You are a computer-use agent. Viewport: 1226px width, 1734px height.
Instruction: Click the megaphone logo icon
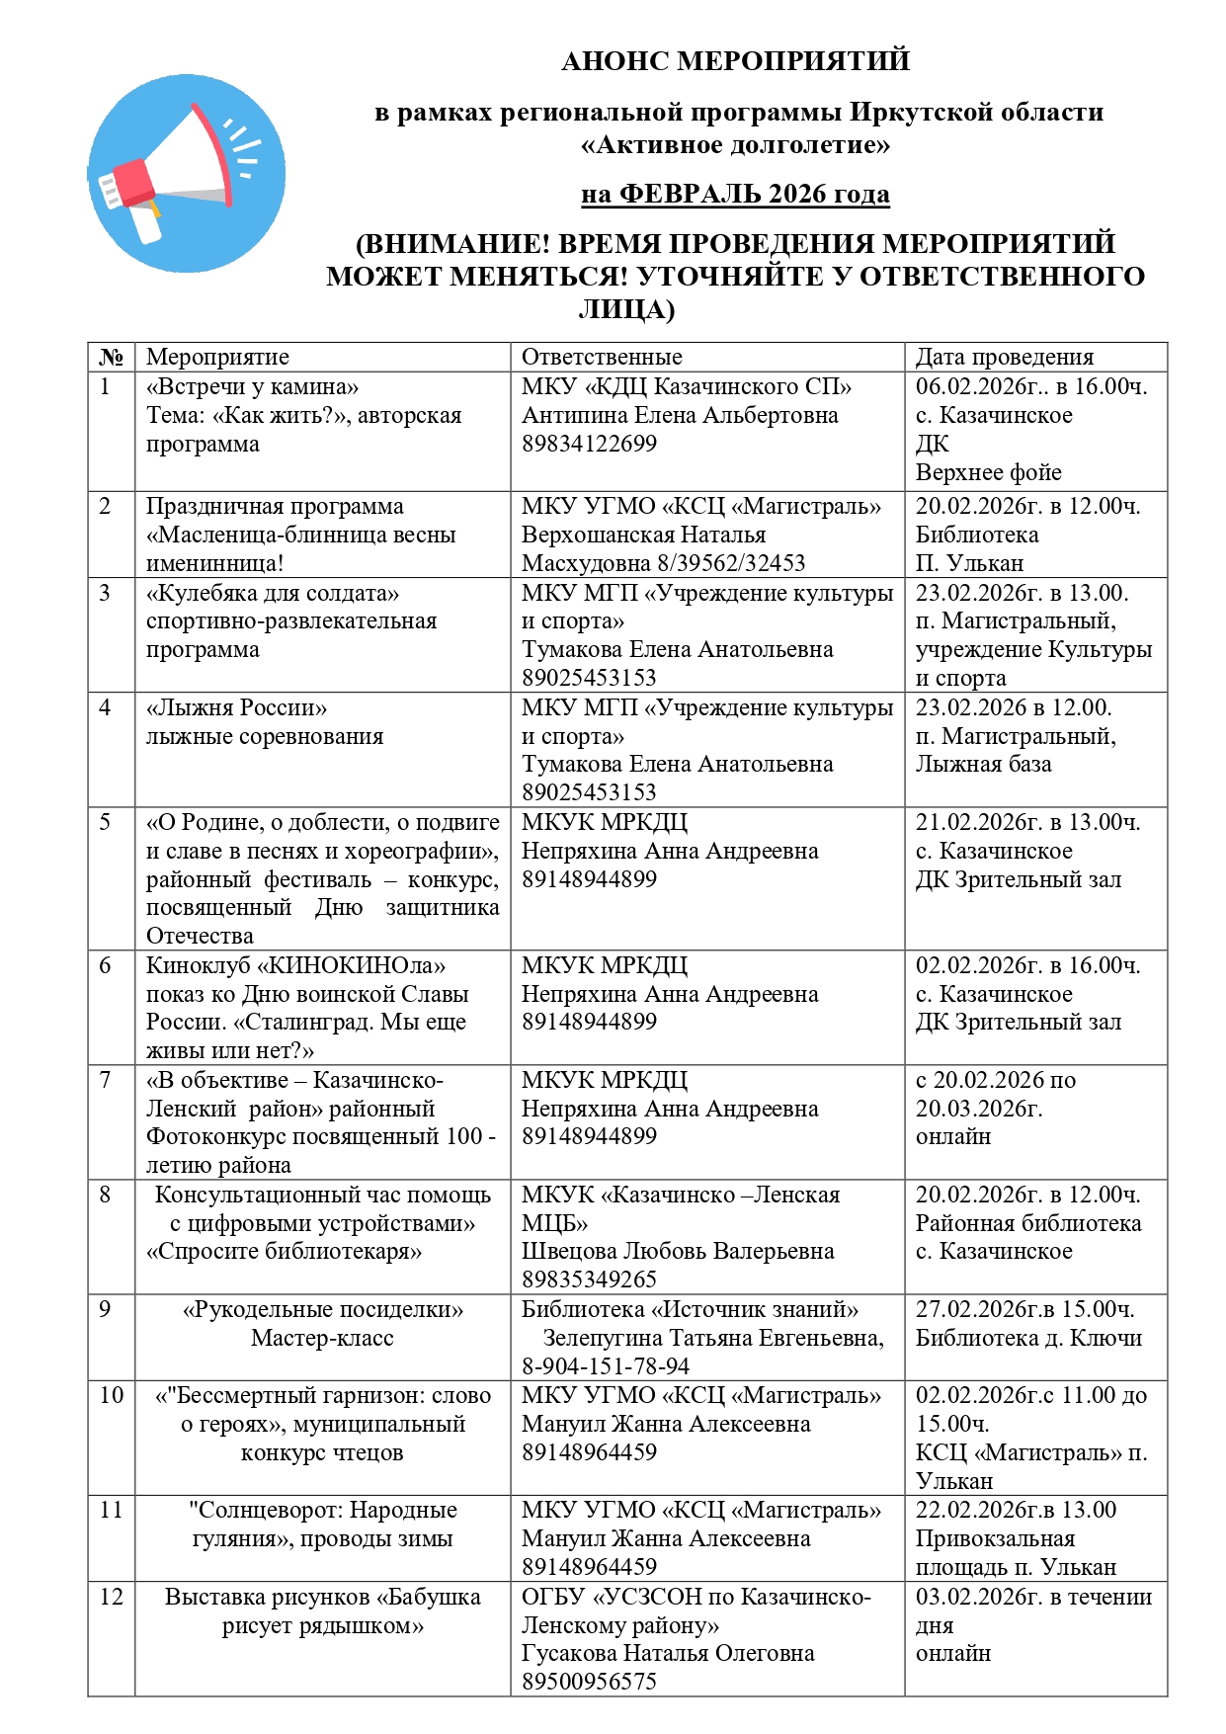pyautogui.click(x=186, y=174)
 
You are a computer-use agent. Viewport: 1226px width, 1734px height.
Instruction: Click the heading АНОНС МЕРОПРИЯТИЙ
pyautogui.click(x=735, y=61)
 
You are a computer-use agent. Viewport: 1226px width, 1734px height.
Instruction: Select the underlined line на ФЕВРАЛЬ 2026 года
pyautogui.click(x=735, y=194)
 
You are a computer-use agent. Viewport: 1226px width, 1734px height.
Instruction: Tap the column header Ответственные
pyautogui.click(x=602, y=357)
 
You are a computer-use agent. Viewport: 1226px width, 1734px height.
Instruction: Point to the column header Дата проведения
pyautogui.click(x=1005, y=357)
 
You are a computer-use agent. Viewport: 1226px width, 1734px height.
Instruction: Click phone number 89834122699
pyautogui.click(x=589, y=444)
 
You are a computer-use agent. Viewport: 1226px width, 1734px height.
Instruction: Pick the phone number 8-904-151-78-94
pyautogui.click(x=606, y=1366)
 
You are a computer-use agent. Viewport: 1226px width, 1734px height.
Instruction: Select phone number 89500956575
pyautogui.click(x=589, y=1682)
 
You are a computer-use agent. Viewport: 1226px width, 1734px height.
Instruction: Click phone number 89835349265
pyautogui.click(x=589, y=1280)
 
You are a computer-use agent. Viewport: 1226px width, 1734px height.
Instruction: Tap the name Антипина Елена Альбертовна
pyautogui.click(x=680, y=415)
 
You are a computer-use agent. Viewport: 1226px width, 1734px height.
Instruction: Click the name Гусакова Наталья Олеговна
pyautogui.click(x=668, y=1653)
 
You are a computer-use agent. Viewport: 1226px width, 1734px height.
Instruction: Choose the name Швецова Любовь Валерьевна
pyautogui.click(x=678, y=1251)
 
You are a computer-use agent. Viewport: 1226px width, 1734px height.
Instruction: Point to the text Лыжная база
pyautogui.click(x=983, y=764)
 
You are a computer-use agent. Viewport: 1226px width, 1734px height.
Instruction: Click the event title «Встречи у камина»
pyautogui.click(x=253, y=386)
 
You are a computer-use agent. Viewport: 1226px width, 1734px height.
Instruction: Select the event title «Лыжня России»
pyautogui.click(x=237, y=707)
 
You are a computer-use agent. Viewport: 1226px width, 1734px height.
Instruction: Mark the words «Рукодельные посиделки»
pyautogui.click(x=323, y=1309)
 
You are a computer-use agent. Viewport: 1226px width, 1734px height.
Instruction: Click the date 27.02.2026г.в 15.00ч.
pyautogui.click(x=1025, y=1309)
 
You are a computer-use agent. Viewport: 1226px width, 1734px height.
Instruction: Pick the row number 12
pyautogui.click(x=112, y=1597)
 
